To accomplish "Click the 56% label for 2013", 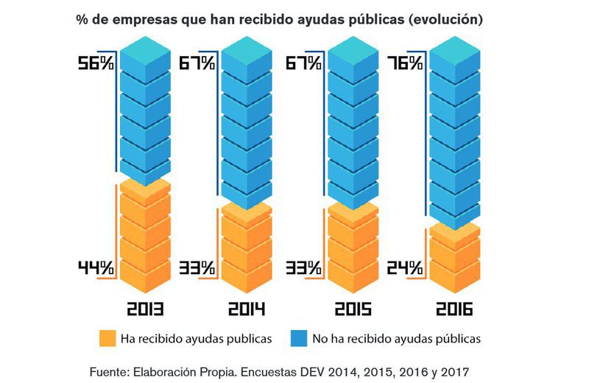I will pos(96,63).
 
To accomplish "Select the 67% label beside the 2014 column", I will pos(197,63).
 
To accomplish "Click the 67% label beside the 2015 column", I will pos(303,63).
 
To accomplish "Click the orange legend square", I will pos(107,339).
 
